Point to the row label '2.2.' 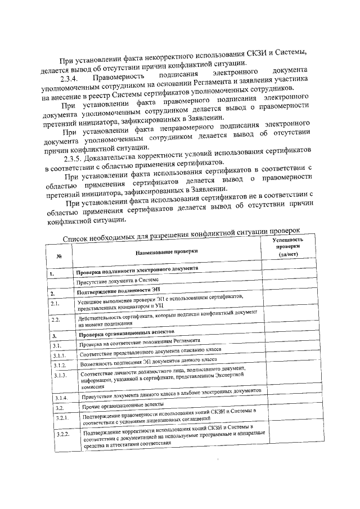pyautogui.click(x=55, y=320)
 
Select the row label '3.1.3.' pyautogui.click(x=60, y=375)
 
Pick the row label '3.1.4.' pyautogui.click(x=60, y=398)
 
